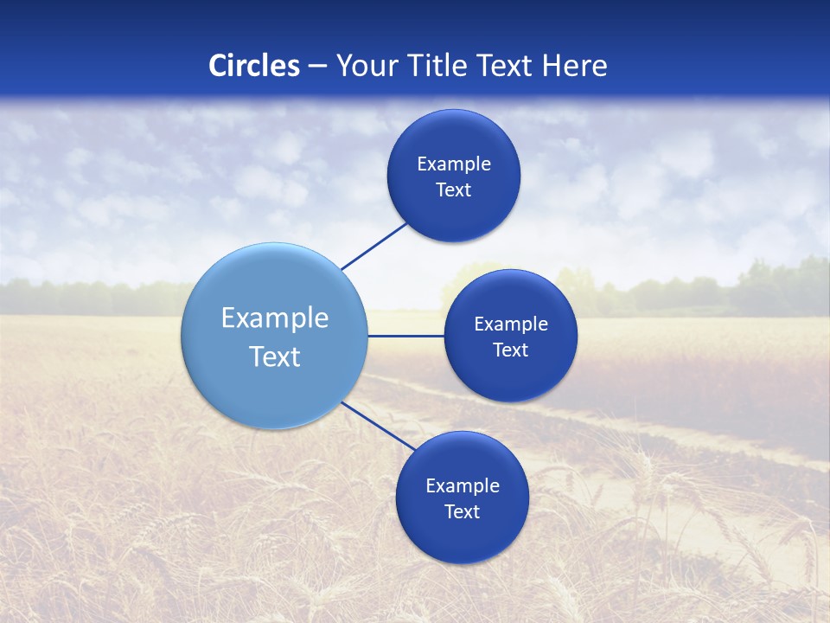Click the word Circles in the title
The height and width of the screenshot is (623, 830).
254,66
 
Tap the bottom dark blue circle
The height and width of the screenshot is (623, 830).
462,536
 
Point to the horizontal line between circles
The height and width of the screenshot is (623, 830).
405,336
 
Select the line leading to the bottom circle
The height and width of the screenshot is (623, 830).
378,426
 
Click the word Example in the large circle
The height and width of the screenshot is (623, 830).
275,318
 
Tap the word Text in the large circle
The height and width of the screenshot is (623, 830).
275,356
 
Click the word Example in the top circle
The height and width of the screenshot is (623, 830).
454,164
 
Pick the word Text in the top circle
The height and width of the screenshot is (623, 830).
453,190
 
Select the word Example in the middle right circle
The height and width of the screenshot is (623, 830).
511,324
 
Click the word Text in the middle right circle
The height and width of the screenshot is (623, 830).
510,350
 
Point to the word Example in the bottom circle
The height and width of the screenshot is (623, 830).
463,486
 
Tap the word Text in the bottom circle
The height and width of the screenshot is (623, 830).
462,512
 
